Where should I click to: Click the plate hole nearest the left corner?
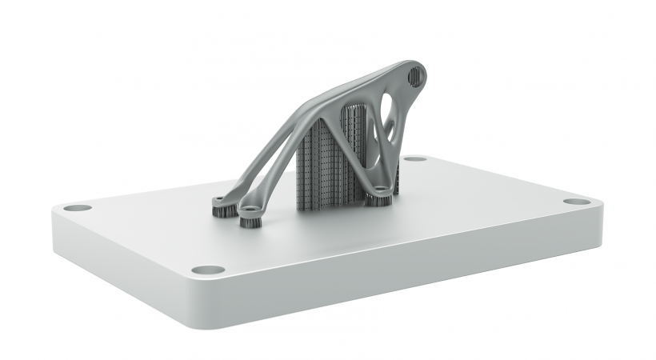click(78, 207)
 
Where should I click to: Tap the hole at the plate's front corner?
click(207, 270)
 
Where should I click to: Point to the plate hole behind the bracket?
click(414, 158)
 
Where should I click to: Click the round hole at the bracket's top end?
click(416, 76)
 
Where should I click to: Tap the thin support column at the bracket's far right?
click(396, 180)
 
